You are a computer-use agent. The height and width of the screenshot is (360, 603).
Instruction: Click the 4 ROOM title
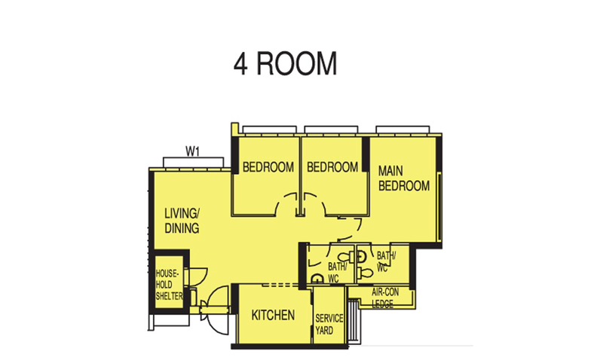285,64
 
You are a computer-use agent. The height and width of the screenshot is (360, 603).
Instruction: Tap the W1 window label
192,151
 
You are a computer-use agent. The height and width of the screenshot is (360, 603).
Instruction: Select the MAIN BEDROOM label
403,178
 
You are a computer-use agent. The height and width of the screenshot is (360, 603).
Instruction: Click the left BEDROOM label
268,167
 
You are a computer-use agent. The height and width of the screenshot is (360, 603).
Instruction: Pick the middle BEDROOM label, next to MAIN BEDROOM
333,167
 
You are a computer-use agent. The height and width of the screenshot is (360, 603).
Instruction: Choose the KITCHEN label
273,316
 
